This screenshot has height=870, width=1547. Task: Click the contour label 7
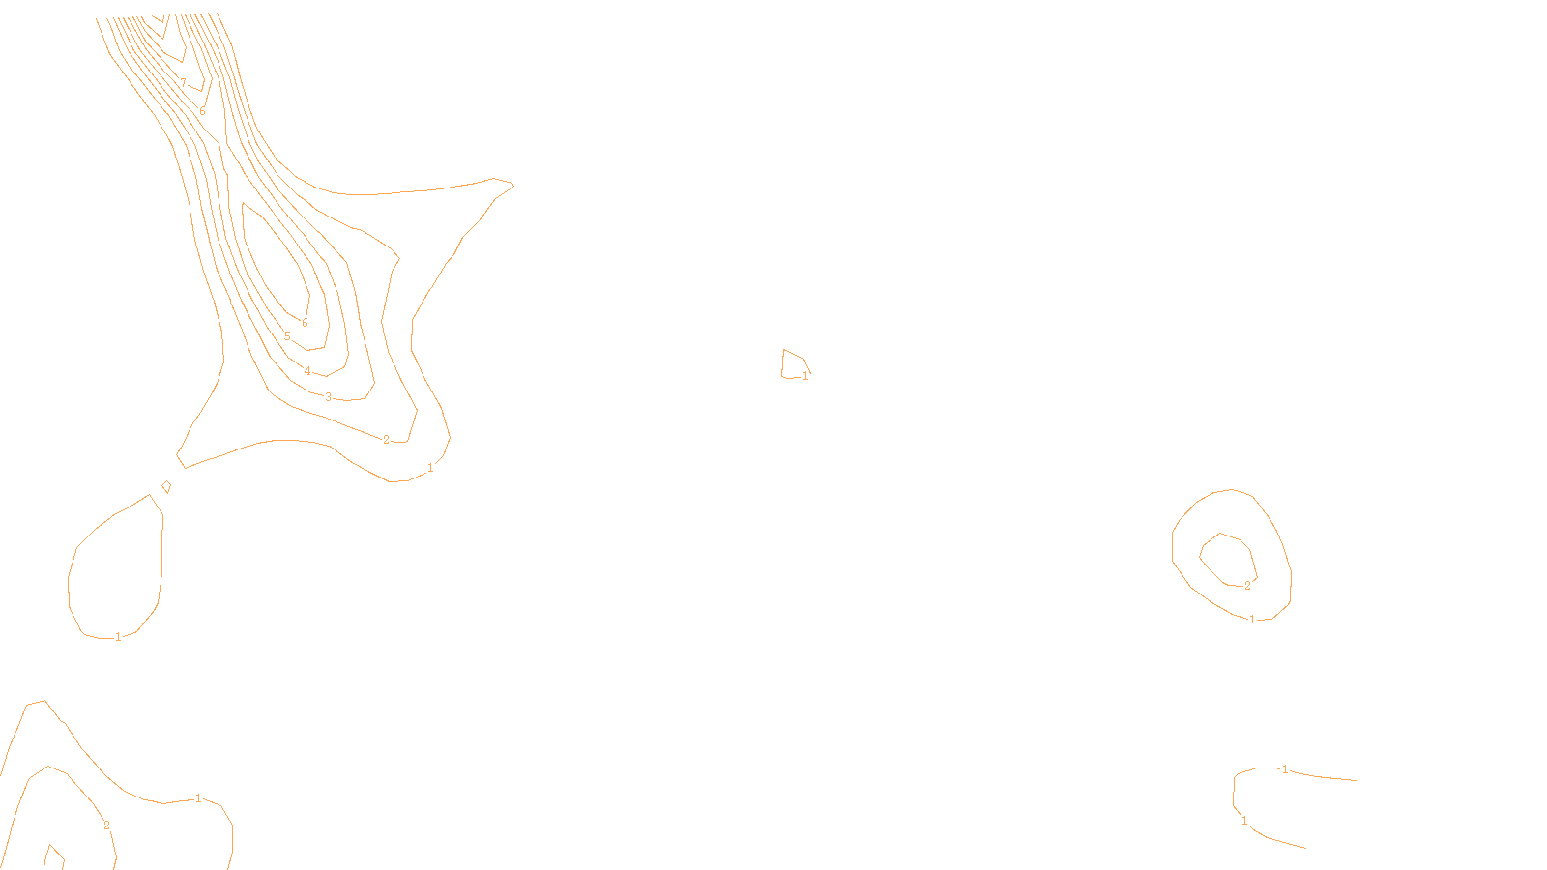coord(183,84)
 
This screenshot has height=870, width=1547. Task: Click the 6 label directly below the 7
coord(202,111)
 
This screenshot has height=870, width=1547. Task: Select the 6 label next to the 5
coord(305,323)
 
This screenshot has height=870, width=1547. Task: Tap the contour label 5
coord(287,336)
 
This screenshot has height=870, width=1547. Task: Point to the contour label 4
coord(307,371)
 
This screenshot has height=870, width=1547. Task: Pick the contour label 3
coord(328,397)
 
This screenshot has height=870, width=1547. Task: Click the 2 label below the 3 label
coord(386,440)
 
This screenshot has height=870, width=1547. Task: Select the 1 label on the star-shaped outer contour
coord(430,468)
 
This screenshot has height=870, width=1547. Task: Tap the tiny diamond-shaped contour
coord(166,486)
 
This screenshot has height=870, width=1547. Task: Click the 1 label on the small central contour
coord(805,376)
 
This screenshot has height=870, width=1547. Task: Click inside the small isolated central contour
coord(793,364)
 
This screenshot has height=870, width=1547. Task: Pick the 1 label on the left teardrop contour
coord(118,637)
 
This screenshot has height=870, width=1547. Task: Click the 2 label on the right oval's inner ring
coord(1247,586)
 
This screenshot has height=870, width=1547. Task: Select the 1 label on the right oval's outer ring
coord(1252,620)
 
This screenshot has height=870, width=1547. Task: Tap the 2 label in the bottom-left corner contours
coord(106,826)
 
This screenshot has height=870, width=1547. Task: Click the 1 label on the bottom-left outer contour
coord(198,798)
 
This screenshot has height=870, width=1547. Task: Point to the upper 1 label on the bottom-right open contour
coord(1285,769)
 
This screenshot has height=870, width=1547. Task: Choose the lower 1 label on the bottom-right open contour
coord(1244,821)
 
